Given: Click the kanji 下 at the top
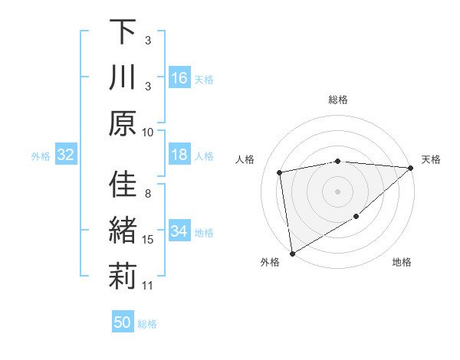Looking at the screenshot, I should pos(123,32).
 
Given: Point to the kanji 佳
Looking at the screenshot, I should pos(123,185).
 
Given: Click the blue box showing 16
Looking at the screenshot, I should pos(179,78).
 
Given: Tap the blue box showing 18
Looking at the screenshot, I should pos(179,155).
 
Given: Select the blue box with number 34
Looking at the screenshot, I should pos(179,232).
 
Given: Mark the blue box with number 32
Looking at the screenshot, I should pos(65,155).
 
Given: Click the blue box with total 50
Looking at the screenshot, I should pos(123,322).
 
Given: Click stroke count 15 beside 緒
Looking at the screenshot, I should pos(148,240).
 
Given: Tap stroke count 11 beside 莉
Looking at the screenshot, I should pos(148,286).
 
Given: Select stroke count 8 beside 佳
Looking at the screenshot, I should pos(148,193).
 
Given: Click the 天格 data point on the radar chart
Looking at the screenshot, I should pos(411,168).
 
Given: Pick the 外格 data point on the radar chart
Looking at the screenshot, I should pos(292,254).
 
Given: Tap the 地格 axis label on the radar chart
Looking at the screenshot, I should pos(402,263).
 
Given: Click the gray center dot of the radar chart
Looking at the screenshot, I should pos(337,191).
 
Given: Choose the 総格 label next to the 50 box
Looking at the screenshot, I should pos(147,324).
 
